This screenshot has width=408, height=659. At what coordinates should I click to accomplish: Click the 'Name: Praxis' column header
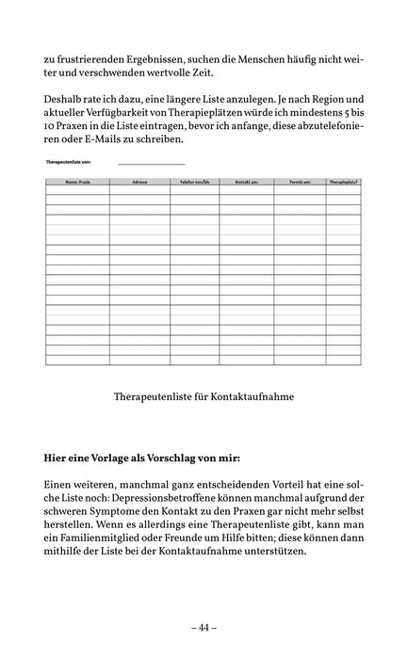(x=76, y=178)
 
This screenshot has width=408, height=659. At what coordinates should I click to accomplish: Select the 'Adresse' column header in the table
(x=139, y=178)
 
